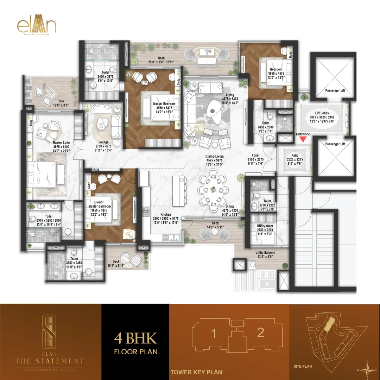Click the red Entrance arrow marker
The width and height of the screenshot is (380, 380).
click(x=303, y=140)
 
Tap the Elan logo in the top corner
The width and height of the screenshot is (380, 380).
click(x=36, y=27)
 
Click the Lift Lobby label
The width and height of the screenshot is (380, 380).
click(x=322, y=113)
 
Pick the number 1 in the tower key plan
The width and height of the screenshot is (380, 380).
click(x=214, y=333)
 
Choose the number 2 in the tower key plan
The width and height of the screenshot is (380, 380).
click(x=260, y=332)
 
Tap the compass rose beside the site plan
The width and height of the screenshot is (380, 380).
click(x=367, y=369)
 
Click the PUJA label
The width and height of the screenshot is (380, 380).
click(x=96, y=169)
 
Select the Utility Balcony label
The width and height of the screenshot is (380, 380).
click(x=265, y=253)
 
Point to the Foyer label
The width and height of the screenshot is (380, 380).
click(x=255, y=154)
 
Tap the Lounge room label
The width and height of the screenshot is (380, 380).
click(x=103, y=142)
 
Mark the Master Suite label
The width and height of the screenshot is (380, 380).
click(x=61, y=142)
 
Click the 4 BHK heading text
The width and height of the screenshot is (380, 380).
click(x=135, y=338)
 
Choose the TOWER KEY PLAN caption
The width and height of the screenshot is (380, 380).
click(x=196, y=372)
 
